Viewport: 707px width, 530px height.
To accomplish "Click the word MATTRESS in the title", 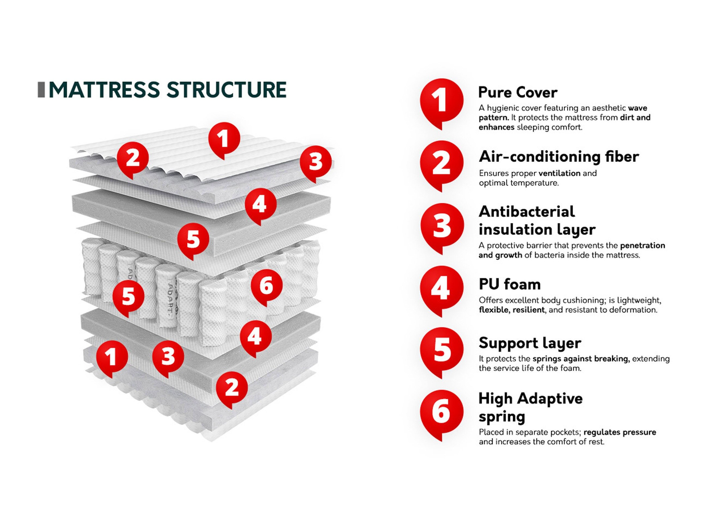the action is [104, 90].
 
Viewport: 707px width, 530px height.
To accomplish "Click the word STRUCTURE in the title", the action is [226, 90].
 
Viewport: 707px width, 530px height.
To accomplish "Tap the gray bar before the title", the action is [41, 90].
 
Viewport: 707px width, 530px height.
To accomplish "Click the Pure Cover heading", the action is [518, 92].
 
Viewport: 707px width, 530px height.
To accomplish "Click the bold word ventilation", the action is [559, 173].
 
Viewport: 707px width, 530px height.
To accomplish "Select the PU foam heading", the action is [509, 284].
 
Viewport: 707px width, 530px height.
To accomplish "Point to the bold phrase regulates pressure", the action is [620, 432].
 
